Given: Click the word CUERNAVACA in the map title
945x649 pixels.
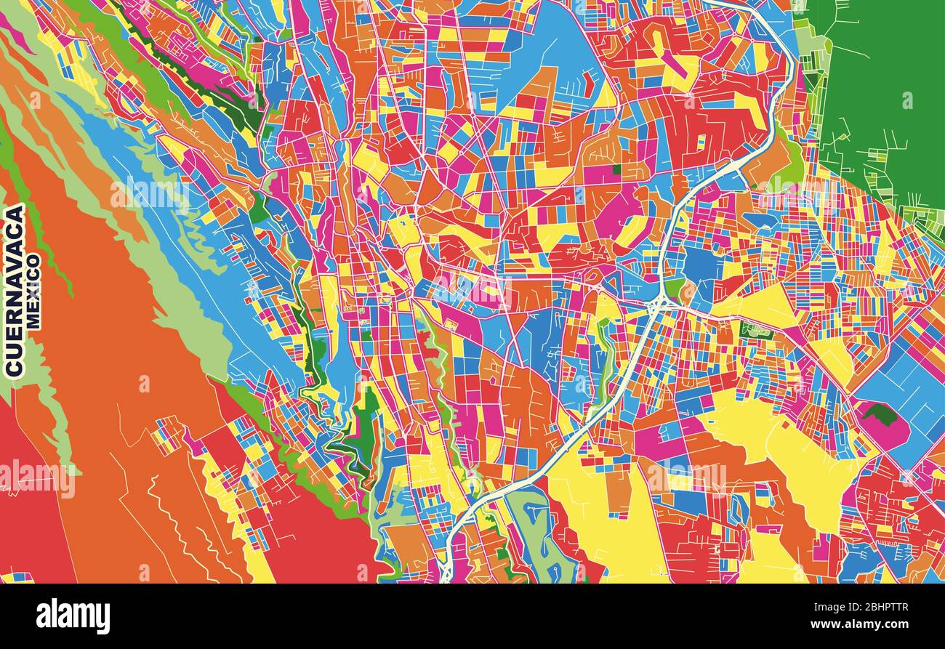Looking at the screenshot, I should [15, 291].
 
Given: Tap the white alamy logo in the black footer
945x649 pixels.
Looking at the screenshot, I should [73, 616].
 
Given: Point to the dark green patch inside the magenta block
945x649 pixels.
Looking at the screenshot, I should [880, 415].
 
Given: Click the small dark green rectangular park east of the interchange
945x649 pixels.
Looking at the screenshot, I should [756, 331].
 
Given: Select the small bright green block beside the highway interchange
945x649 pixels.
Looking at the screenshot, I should [675, 289].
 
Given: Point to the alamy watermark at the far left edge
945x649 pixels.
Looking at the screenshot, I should [36, 478].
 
